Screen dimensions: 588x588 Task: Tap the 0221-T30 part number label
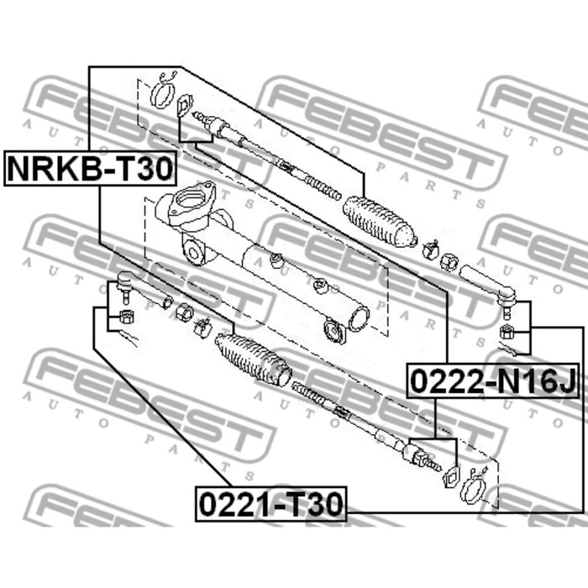(x=270, y=504)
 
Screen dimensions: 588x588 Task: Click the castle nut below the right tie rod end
(x=507, y=329)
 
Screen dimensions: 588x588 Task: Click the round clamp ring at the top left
(x=161, y=93)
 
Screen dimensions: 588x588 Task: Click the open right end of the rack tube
(x=359, y=318)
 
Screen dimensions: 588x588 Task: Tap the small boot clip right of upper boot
(x=430, y=248)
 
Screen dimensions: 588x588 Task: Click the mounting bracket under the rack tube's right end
(x=335, y=333)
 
